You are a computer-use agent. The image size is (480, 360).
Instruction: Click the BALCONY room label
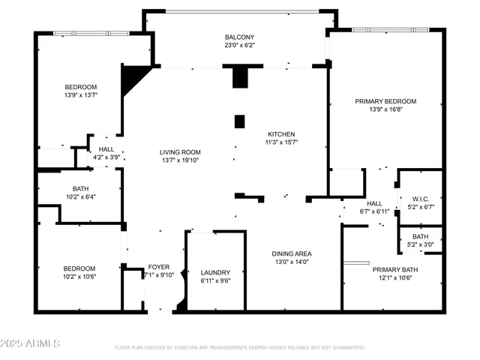pyautogui.click(x=240, y=37)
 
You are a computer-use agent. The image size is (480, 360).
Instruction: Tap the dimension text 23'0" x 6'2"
pyautogui.click(x=240, y=46)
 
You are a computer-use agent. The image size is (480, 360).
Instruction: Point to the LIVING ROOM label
pyautogui.click(x=180, y=152)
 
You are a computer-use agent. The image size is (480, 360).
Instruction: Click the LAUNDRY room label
pyautogui.click(x=215, y=272)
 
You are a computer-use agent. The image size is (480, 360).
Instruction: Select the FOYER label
pyautogui.click(x=158, y=267)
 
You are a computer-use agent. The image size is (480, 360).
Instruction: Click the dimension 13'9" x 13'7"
pyautogui.click(x=81, y=95)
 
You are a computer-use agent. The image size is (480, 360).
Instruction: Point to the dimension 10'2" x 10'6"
pyautogui.click(x=79, y=277)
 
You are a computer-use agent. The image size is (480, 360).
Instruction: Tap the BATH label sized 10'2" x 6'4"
pyautogui.click(x=81, y=189)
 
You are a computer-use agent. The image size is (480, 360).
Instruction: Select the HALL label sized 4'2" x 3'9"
pyautogui.click(x=106, y=149)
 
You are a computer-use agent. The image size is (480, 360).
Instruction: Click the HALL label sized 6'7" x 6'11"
pyautogui.click(x=374, y=203)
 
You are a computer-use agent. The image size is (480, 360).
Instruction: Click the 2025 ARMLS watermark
pyautogui.click(x=31, y=343)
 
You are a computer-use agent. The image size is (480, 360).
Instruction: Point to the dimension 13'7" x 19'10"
pyautogui.click(x=180, y=160)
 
